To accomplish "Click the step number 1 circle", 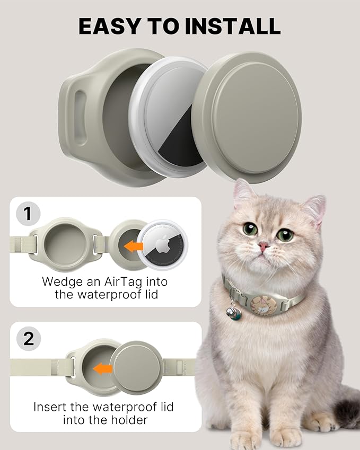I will (x=29, y=214).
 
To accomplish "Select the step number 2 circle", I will (x=29, y=339).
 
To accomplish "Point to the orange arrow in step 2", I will (x=103, y=368).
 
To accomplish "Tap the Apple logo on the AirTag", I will (x=162, y=244).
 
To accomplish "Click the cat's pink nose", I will (x=264, y=246).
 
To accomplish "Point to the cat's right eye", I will (x=285, y=235).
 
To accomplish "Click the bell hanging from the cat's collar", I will (x=234, y=316).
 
